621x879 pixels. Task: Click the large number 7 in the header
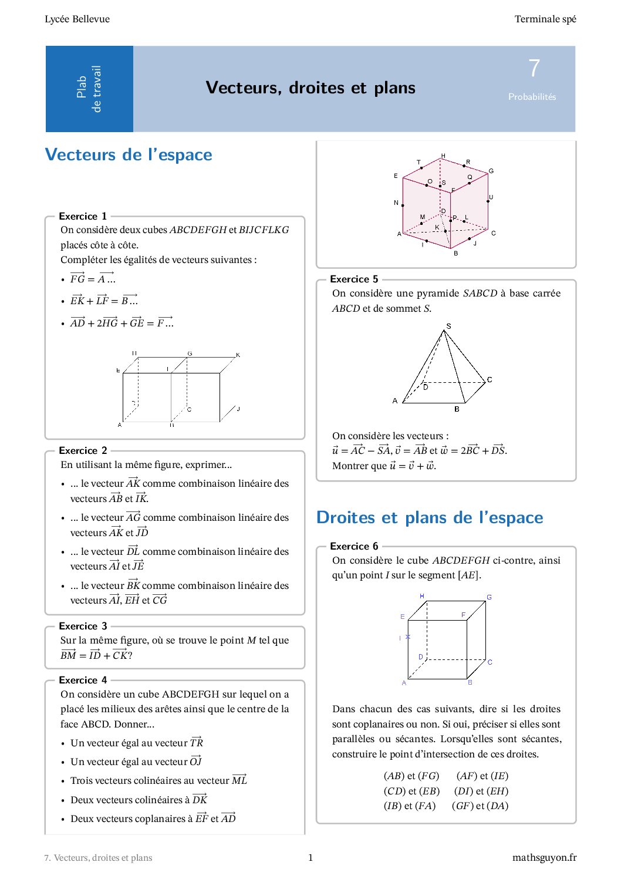pyautogui.click(x=534, y=69)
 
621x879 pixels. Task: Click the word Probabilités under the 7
pyautogui.click(x=532, y=97)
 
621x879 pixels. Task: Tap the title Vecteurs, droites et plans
pyautogui.click(x=310, y=88)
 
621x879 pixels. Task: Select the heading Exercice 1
pyautogui.click(x=83, y=216)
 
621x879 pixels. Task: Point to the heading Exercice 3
pyautogui.click(x=83, y=626)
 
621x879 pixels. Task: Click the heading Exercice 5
pyautogui.click(x=354, y=279)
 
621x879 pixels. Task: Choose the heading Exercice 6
pyautogui.click(x=354, y=546)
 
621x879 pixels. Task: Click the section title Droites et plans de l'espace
pyautogui.click(x=430, y=517)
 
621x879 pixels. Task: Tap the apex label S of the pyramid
pyautogui.click(x=449, y=326)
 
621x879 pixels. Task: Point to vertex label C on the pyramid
pyautogui.click(x=490, y=380)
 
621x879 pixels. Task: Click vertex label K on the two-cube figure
pyautogui.click(x=238, y=355)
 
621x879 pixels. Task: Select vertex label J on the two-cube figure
pyautogui.click(x=238, y=409)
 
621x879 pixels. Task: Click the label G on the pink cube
pyautogui.click(x=491, y=171)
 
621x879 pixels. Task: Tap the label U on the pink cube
pyautogui.click(x=491, y=197)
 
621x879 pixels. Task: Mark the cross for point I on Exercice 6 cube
pyautogui.click(x=408, y=637)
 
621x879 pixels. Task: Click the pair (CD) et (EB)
pyautogui.click(x=411, y=791)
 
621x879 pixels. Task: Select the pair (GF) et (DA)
pyautogui.click(x=480, y=806)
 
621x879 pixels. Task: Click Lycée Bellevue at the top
pyautogui.click(x=77, y=19)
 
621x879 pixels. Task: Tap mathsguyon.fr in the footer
pyautogui.click(x=544, y=857)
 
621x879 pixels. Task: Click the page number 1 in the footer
pyautogui.click(x=310, y=857)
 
